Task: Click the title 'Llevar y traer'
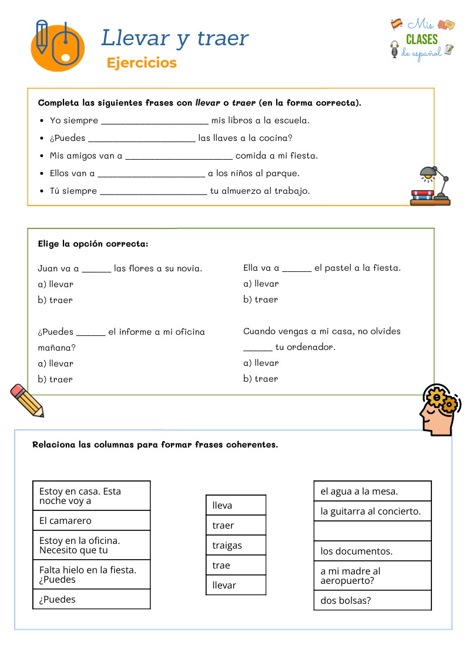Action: point(175,38)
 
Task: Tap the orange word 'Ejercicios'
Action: point(142,63)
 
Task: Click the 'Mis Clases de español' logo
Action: point(423,40)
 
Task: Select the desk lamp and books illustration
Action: point(431,186)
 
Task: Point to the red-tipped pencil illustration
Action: point(27,400)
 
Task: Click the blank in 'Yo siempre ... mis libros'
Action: point(155,121)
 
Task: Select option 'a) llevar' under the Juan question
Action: point(56,284)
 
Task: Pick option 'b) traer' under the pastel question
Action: point(261,300)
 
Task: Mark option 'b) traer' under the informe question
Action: point(55,379)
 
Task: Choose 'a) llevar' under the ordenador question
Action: point(261,363)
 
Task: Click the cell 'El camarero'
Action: point(91,520)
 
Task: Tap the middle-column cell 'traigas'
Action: point(236,545)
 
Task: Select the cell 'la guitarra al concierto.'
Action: point(372,511)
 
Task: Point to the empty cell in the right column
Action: point(372,531)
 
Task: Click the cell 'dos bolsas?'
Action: point(372,600)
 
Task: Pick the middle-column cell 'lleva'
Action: point(236,505)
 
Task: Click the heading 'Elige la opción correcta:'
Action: point(93,244)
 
